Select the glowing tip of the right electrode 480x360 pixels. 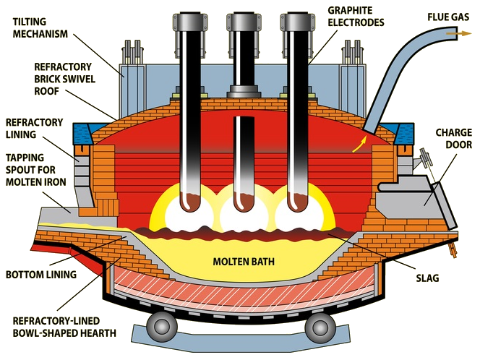[x=296, y=202]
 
